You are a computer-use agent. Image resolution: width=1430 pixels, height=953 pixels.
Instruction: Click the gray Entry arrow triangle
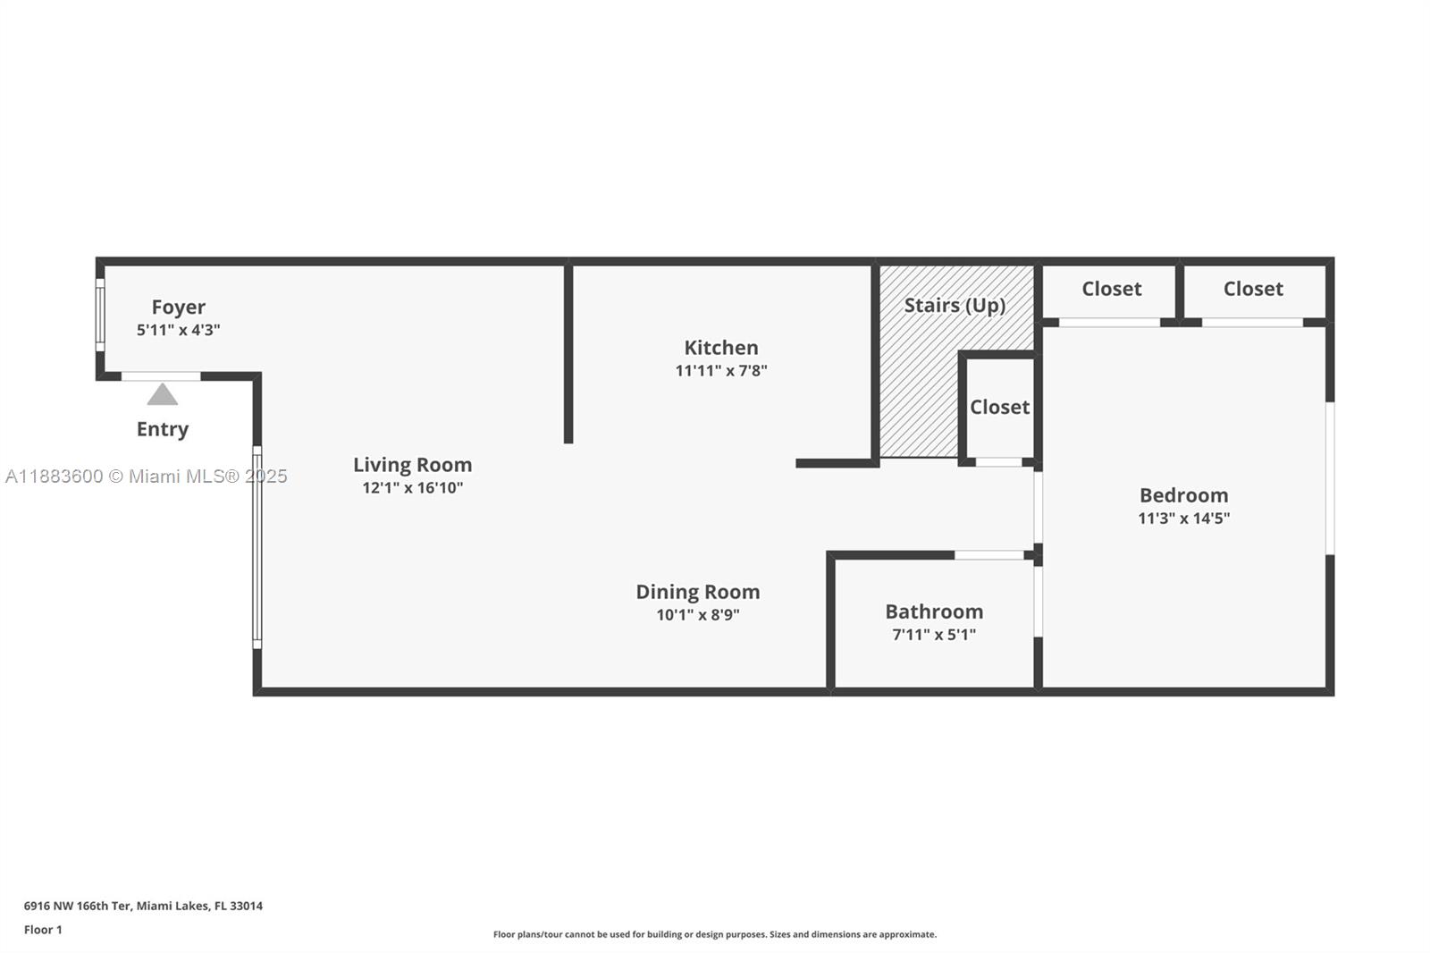click(162, 395)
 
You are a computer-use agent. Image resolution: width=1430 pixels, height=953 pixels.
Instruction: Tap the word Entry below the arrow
click(162, 429)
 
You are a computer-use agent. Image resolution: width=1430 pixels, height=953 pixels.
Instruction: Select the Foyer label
click(178, 308)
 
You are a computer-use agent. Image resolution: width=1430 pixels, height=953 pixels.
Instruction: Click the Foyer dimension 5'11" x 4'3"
click(178, 330)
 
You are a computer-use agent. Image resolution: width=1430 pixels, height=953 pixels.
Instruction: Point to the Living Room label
click(412, 465)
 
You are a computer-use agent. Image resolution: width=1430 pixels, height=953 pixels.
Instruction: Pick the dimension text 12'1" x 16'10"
click(412, 488)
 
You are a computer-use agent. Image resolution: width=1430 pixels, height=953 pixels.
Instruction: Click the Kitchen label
click(720, 348)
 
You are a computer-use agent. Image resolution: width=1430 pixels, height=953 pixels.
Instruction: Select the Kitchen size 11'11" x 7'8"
click(720, 371)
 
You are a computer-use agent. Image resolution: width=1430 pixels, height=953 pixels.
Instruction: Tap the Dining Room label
click(697, 592)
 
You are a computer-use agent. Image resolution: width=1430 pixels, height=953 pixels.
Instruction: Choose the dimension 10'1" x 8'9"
click(697, 615)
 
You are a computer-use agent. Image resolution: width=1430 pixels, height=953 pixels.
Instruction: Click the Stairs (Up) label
click(955, 306)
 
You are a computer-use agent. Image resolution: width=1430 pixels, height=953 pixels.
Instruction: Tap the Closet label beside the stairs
click(999, 408)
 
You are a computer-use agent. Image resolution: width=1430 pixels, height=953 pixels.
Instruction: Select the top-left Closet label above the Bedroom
click(1111, 289)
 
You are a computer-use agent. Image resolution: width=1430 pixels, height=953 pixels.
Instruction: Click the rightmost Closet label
click(1253, 289)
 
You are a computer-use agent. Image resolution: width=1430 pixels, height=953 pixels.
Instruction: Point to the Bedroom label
click(1183, 495)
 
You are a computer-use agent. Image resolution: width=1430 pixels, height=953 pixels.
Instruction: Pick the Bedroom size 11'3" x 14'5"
click(1183, 519)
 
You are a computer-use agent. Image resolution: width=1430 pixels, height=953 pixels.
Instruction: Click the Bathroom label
click(934, 611)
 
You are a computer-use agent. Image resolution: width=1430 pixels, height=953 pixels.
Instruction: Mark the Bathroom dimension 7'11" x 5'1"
click(934, 635)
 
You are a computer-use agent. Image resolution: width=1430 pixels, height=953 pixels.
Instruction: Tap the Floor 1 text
click(43, 930)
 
